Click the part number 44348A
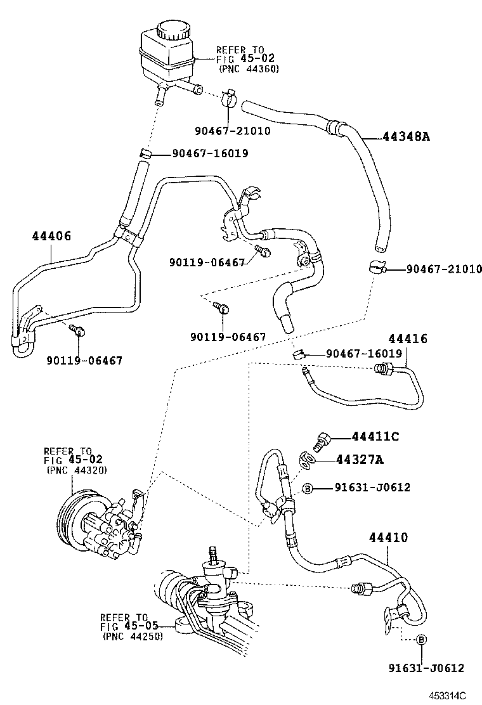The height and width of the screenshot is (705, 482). coord(407,136)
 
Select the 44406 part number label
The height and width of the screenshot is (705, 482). coord(51,236)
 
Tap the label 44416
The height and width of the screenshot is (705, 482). coord(408,339)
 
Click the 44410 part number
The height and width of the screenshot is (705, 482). coord(389,538)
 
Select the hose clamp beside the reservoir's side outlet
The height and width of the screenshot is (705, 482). coord(229,97)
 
